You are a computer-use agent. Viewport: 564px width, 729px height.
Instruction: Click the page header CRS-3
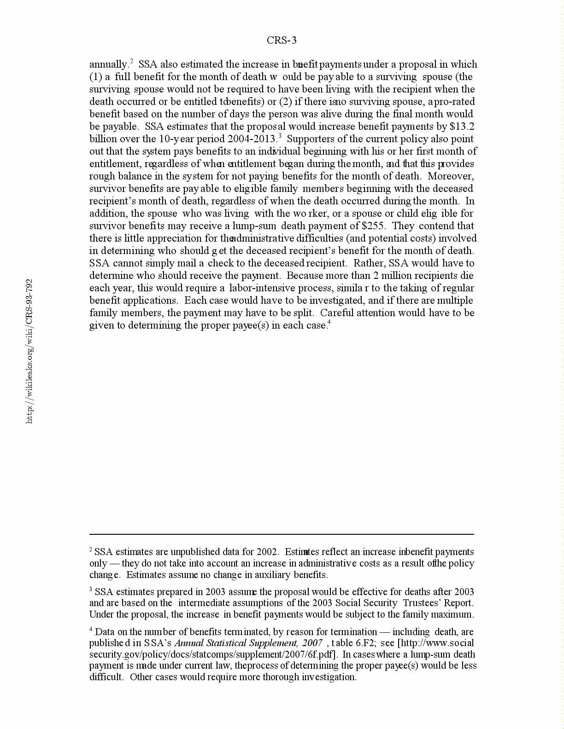[x=282, y=40]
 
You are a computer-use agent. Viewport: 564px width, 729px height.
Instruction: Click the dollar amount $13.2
[x=462, y=127]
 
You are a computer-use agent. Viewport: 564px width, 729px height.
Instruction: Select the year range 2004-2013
[x=252, y=139]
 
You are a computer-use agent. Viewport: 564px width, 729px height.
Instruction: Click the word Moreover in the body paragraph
[x=451, y=176]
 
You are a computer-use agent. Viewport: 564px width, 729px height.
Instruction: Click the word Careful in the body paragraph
[x=337, y=313]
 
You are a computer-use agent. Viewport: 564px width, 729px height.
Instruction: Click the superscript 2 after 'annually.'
[x=131, y=61]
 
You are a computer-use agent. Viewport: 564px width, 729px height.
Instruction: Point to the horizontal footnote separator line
[x=282, y=534]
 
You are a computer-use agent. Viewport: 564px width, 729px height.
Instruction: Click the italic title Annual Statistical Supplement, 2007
[x=248, y=643]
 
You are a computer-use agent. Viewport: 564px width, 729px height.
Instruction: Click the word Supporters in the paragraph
[x=310, y=139]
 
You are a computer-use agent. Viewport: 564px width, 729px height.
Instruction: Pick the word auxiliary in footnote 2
[x=273, y=575]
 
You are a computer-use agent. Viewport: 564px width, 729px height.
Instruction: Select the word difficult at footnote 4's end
[x=106, y=677]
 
